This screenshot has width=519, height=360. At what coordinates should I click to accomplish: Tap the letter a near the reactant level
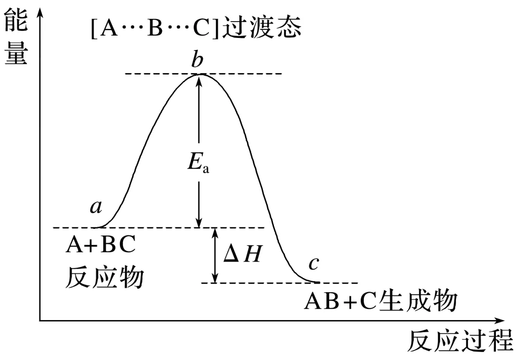[x=96, y=207]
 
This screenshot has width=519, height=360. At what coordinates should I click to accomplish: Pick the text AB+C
[x=340, y=302]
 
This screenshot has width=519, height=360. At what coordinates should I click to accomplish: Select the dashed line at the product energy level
[x=336, y=283]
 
